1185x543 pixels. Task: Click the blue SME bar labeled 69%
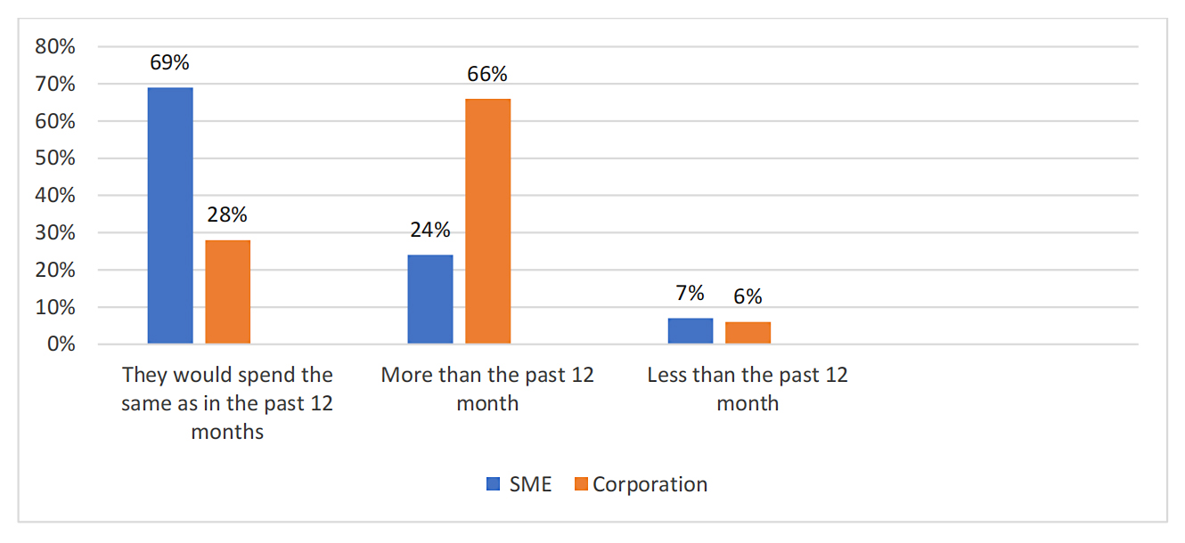coord(170,215)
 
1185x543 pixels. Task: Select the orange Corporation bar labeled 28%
coord(228,292)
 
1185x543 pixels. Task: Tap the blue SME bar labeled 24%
coord(430,299)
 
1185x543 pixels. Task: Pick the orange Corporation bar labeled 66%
coord(488,221)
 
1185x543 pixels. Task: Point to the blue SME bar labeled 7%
coord(691,330)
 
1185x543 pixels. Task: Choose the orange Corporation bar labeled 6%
coord(748,332)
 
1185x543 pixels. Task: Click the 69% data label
coord(170,63)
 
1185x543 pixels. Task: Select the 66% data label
coord(487,75)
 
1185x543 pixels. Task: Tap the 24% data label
coord(430,230)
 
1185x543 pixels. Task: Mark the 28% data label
coord(228,215)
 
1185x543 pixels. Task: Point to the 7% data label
coord(691,293)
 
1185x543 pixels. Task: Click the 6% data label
coord(748,297)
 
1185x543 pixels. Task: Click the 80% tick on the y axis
coord(55,46)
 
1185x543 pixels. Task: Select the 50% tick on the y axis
coord(55,158)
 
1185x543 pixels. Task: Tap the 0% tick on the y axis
coord(61,344)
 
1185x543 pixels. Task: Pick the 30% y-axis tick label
coord(55,233)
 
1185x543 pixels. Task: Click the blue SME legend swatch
coord(493,485)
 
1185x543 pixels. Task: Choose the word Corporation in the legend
coord(650,485)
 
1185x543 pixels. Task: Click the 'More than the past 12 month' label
coord(487,388)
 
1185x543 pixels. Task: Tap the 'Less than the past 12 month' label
coord(748,388)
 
